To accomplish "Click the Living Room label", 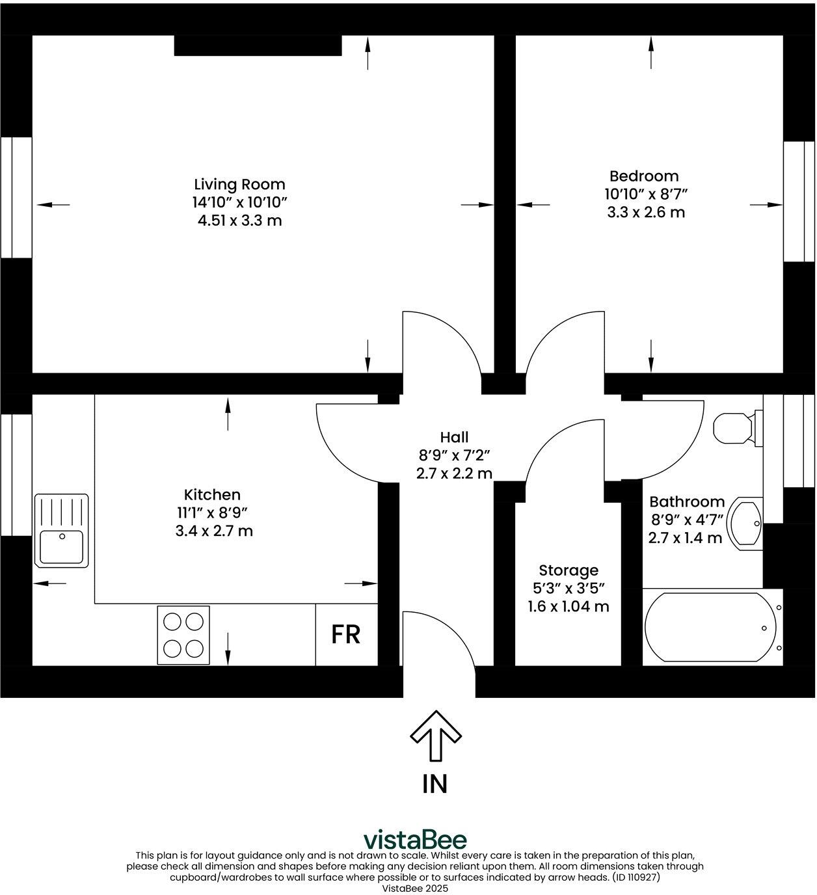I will click(239, 184).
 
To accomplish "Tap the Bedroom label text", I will click(644, 176).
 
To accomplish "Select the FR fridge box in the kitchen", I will click(346, 634).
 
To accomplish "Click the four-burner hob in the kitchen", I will click(183, 635).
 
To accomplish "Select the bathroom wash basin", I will click(746, 523).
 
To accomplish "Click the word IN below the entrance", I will click(435, 784).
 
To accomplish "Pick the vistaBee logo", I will click(414, 839).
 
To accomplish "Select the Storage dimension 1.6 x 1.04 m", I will click(568, 607).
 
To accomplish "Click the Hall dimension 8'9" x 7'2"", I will click(453, 455).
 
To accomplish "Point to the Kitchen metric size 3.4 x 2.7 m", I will click(214, 531).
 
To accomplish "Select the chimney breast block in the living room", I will click(258, 46).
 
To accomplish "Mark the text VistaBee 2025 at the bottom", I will click(414, 888).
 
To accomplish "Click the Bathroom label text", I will click(686, 501).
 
